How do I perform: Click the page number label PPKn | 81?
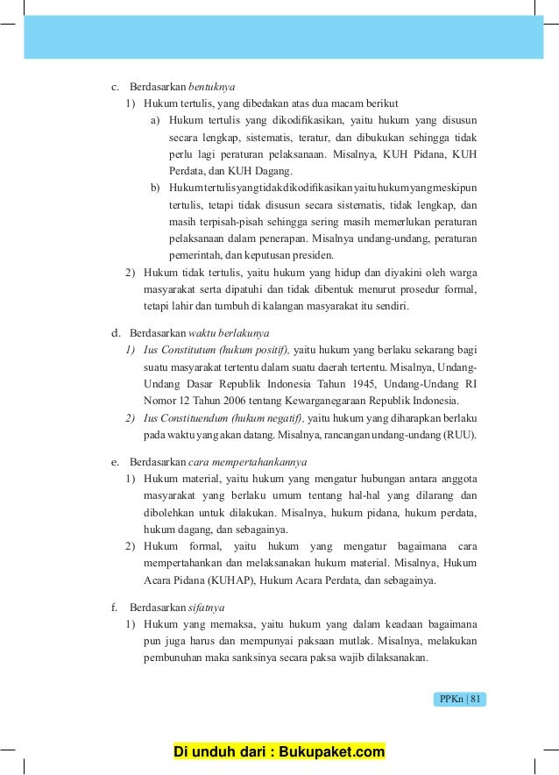[x=460, y=699]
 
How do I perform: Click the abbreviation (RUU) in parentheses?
[x=460, y=435]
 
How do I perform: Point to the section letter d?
[x=113, y=334]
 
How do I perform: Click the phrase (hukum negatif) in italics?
[x=266, y=418]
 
